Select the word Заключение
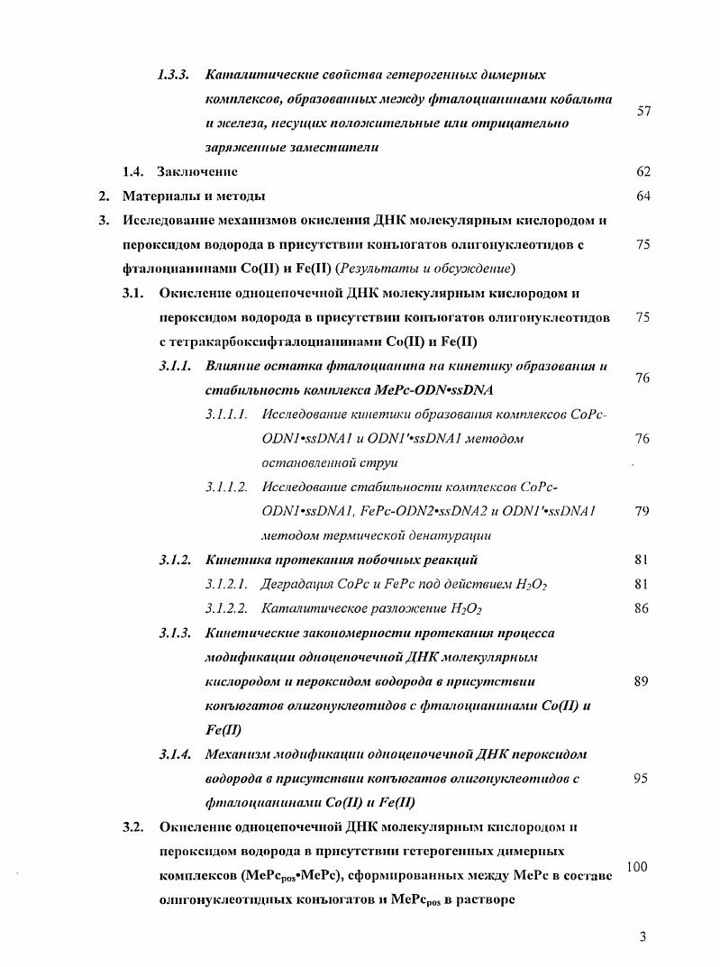pos(197,171)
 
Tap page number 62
pos(643,171)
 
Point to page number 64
pos(643,196)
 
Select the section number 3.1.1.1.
pos(225,415)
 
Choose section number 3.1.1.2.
pos(225,488)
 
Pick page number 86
pos(643,609)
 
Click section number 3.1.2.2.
pos(225,609)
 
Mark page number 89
pos(642,682)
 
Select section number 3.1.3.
pos(176,634)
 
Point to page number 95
pos(641,779)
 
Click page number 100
pos(637,867)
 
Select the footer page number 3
pos(643,937)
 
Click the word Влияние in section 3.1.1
pos(233,366)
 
